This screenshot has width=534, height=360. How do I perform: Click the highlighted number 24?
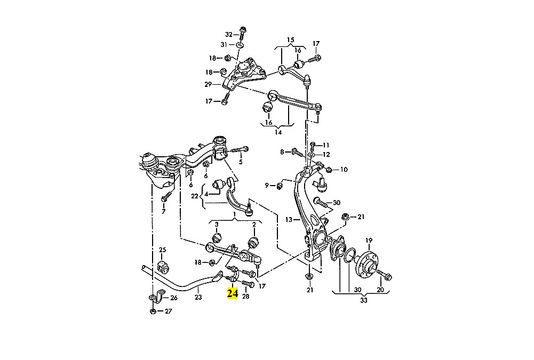pyautogui.click(x=233, y=293)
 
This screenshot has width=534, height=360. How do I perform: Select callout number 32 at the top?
pyautogui.click(x=229, y=34)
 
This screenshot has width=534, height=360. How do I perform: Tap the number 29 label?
pyautogui.click(x=208, y=84)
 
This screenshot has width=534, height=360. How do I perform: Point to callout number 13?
pyautogui.click(x=289, y=220)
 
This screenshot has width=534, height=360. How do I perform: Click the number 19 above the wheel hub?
pyautogui.click(x=369, y=241)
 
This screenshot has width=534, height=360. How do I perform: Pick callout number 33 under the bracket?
pyautogui.click(x=364, y=300)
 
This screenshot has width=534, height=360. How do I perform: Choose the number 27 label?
pyautogui.click(x=169, y=311)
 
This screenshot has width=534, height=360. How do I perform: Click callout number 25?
pyautogui.click(x=163, y=250)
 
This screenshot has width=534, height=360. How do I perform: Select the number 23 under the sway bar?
pyautogui.click(x=198, y=297)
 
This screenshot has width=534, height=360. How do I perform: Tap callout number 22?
pyautogui.click(x=195, y=196)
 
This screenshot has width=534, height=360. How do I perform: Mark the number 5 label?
pyautogui.click(x=241, y=162)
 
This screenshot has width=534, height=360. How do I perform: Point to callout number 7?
pyautogui.click(x=163, y=212)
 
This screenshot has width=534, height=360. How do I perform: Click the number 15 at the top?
pyautogui.click(x=290, y=40)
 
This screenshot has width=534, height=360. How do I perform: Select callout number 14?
pyautogui.click(x=278, y=132)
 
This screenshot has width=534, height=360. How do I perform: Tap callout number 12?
pyautogui.click(x=326, y=155)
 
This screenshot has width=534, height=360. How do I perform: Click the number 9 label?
pyautogui.click(x=267, y=185)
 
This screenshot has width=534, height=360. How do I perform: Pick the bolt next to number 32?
pyautogui.click(x=242, y=33)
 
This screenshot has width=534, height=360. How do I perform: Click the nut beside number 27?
pyautogui.click(x=153, y=311)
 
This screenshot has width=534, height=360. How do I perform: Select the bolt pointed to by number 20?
pyautogui.click(x=384, y=275)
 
